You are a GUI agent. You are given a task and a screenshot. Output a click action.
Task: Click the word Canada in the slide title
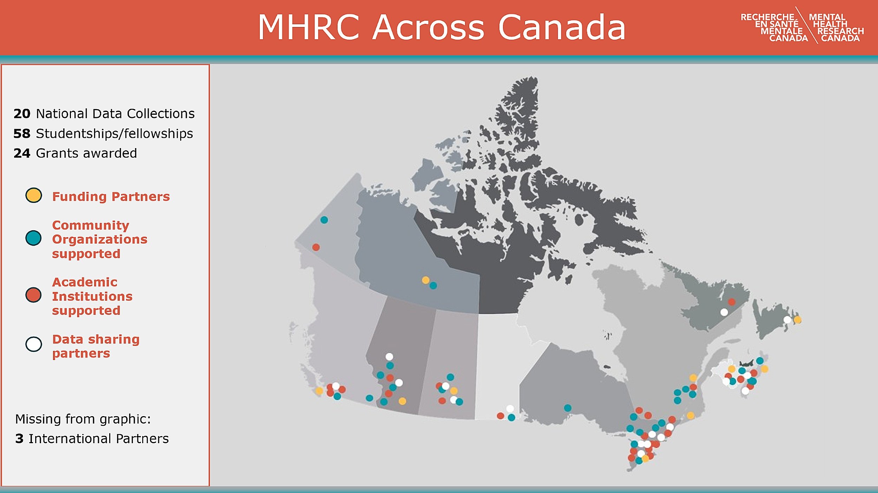[x=562, y=27]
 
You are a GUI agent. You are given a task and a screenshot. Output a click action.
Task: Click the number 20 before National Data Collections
[x=22, y=114]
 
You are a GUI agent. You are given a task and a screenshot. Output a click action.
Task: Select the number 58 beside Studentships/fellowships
[x=22, y=134]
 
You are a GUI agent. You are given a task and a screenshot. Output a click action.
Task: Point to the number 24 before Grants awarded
[x=22, y=153]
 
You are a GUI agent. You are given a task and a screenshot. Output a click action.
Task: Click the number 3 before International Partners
[x=19, y=439]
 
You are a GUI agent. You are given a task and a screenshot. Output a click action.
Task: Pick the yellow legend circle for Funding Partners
[x=34, y=195]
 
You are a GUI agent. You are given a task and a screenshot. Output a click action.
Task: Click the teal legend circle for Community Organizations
[x=34, y=238]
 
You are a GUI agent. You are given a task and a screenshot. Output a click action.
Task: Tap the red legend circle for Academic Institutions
[x=34, y=295]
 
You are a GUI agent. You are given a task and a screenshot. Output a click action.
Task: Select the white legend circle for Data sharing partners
[x=34, y=344]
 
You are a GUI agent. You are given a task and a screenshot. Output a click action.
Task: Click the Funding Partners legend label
[x=111, y=196]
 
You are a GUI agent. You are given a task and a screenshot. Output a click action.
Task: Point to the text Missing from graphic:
[x=83, y=419]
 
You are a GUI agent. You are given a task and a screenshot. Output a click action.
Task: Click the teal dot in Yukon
[x=324, y=220]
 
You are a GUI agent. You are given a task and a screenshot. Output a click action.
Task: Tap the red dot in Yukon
[x=316, y=247]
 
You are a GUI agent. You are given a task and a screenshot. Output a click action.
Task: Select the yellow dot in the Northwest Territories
[x=426, y=280]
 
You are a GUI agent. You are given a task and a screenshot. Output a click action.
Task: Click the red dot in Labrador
[x=732, y=302]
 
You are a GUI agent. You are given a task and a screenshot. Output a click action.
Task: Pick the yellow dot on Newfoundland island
[x=798, y=320]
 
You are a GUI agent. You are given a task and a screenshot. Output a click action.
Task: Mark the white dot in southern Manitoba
[x=510, y=408]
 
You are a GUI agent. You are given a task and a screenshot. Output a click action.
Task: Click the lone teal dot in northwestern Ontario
[x=568, y=408]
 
